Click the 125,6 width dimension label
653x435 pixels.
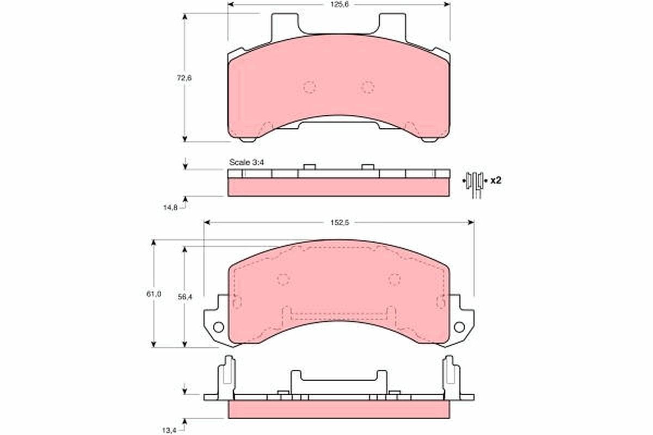pos(338,5)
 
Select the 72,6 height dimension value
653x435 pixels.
pos(184,77)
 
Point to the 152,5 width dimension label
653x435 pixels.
pos(338,222)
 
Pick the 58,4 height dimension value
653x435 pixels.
pos(185,297)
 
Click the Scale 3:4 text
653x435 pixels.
pos(247,162)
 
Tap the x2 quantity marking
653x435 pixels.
pos(495,180)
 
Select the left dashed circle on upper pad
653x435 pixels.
pos(309,87)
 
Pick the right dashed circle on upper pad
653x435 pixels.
pos(368,87)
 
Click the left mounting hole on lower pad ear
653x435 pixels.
pos(218,327)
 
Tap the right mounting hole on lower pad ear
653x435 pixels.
pos(459,327)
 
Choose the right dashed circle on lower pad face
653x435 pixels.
pos(395,279)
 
